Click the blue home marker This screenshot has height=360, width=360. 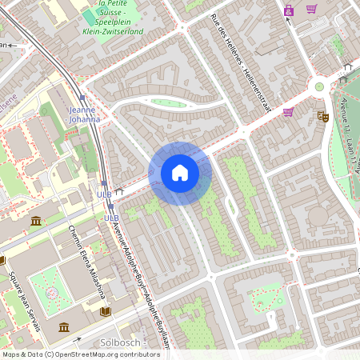point(179,173)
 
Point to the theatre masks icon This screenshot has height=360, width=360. point(323,116)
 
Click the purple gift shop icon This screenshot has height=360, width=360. point(288,10)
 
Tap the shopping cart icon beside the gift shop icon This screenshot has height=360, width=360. point(311,10)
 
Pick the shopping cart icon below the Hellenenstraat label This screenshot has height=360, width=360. point(288,112)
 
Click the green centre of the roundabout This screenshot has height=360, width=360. point(319,86)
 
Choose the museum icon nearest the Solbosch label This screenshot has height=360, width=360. point(63,326)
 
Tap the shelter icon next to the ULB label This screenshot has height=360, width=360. point(119,192)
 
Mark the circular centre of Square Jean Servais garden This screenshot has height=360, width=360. point(52,293)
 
